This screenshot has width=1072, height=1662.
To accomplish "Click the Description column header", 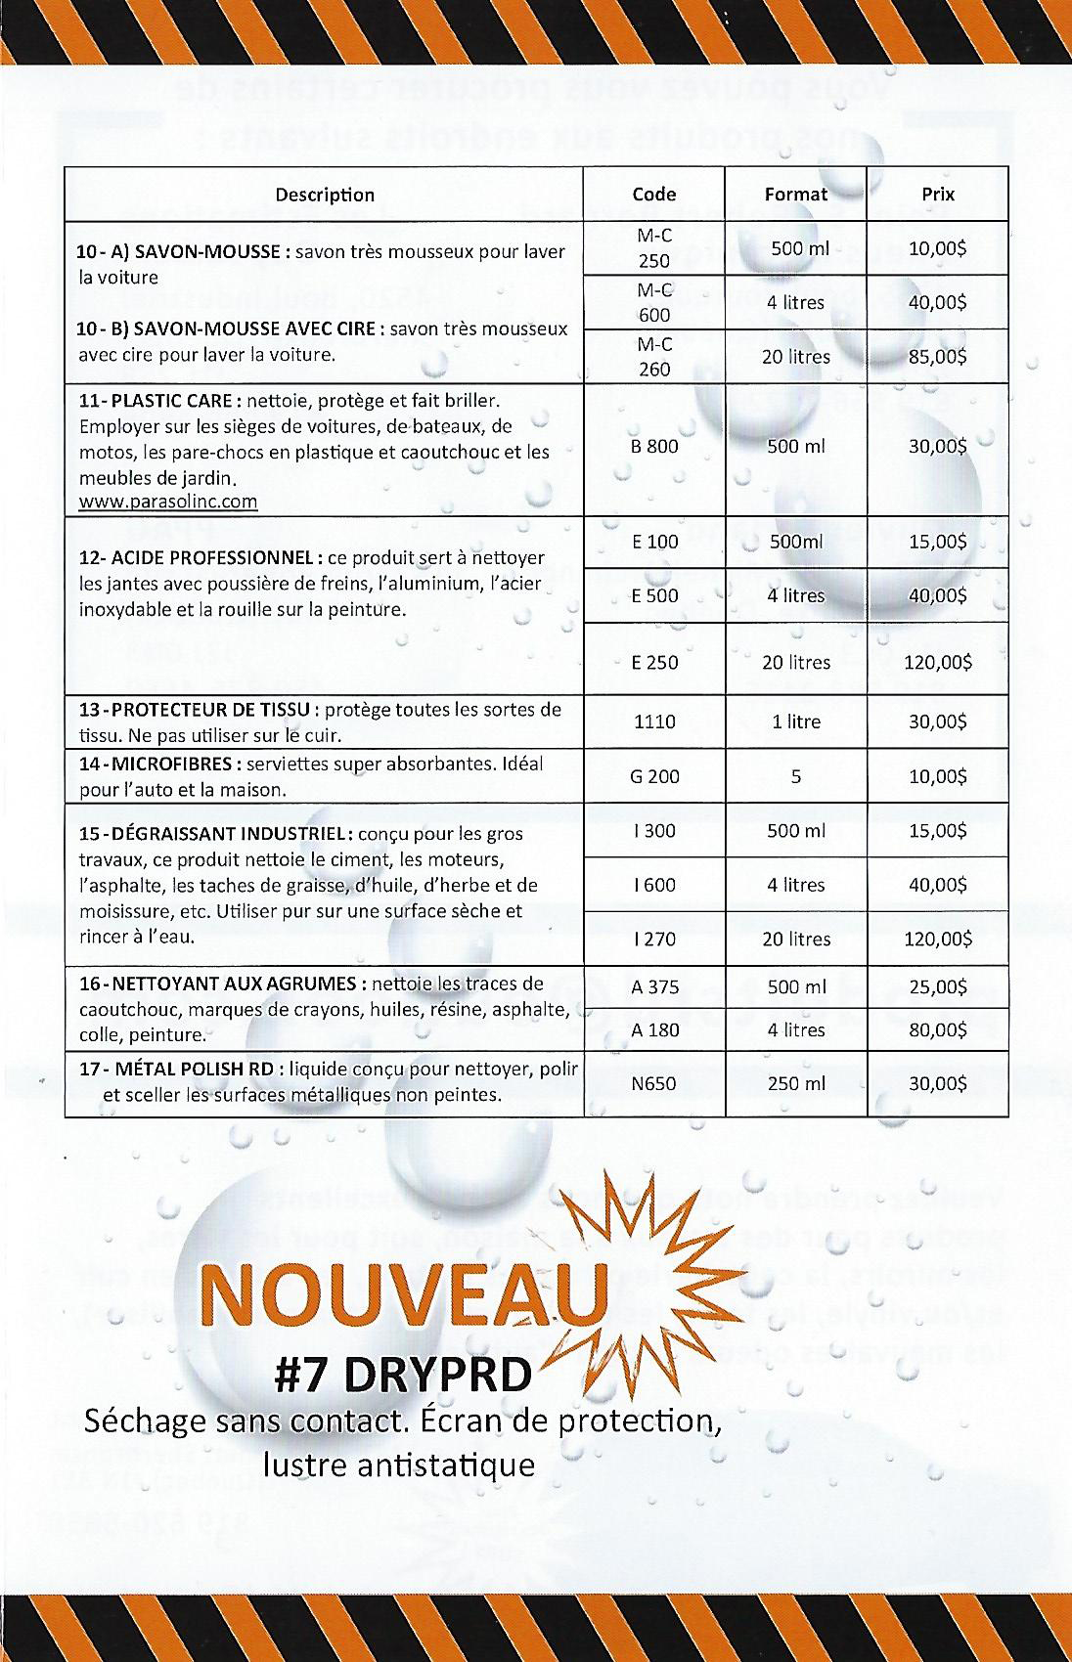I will [325, 195].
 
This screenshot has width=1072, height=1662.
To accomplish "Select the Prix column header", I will [937, 194].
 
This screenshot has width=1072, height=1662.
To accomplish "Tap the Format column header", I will [795, 194].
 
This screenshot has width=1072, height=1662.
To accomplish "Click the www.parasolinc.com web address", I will [167, 502].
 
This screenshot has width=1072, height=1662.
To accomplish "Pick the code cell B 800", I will [654, 447].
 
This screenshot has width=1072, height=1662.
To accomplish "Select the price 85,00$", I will [937, 356].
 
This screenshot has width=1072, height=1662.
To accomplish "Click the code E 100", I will [654, 541].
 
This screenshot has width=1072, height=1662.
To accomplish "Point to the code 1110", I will [654, 722].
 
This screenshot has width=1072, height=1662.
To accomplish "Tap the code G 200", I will [654, 776].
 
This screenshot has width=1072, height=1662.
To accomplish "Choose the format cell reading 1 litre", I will [795, 722].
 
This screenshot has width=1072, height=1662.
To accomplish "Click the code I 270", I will [654, 939].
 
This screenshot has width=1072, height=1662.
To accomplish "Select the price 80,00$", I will [937, 1029].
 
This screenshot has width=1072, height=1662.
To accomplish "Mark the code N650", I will [654, 1083].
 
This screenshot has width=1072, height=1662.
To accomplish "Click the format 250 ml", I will [795, 1083].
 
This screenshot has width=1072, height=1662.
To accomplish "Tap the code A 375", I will [654, 986].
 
